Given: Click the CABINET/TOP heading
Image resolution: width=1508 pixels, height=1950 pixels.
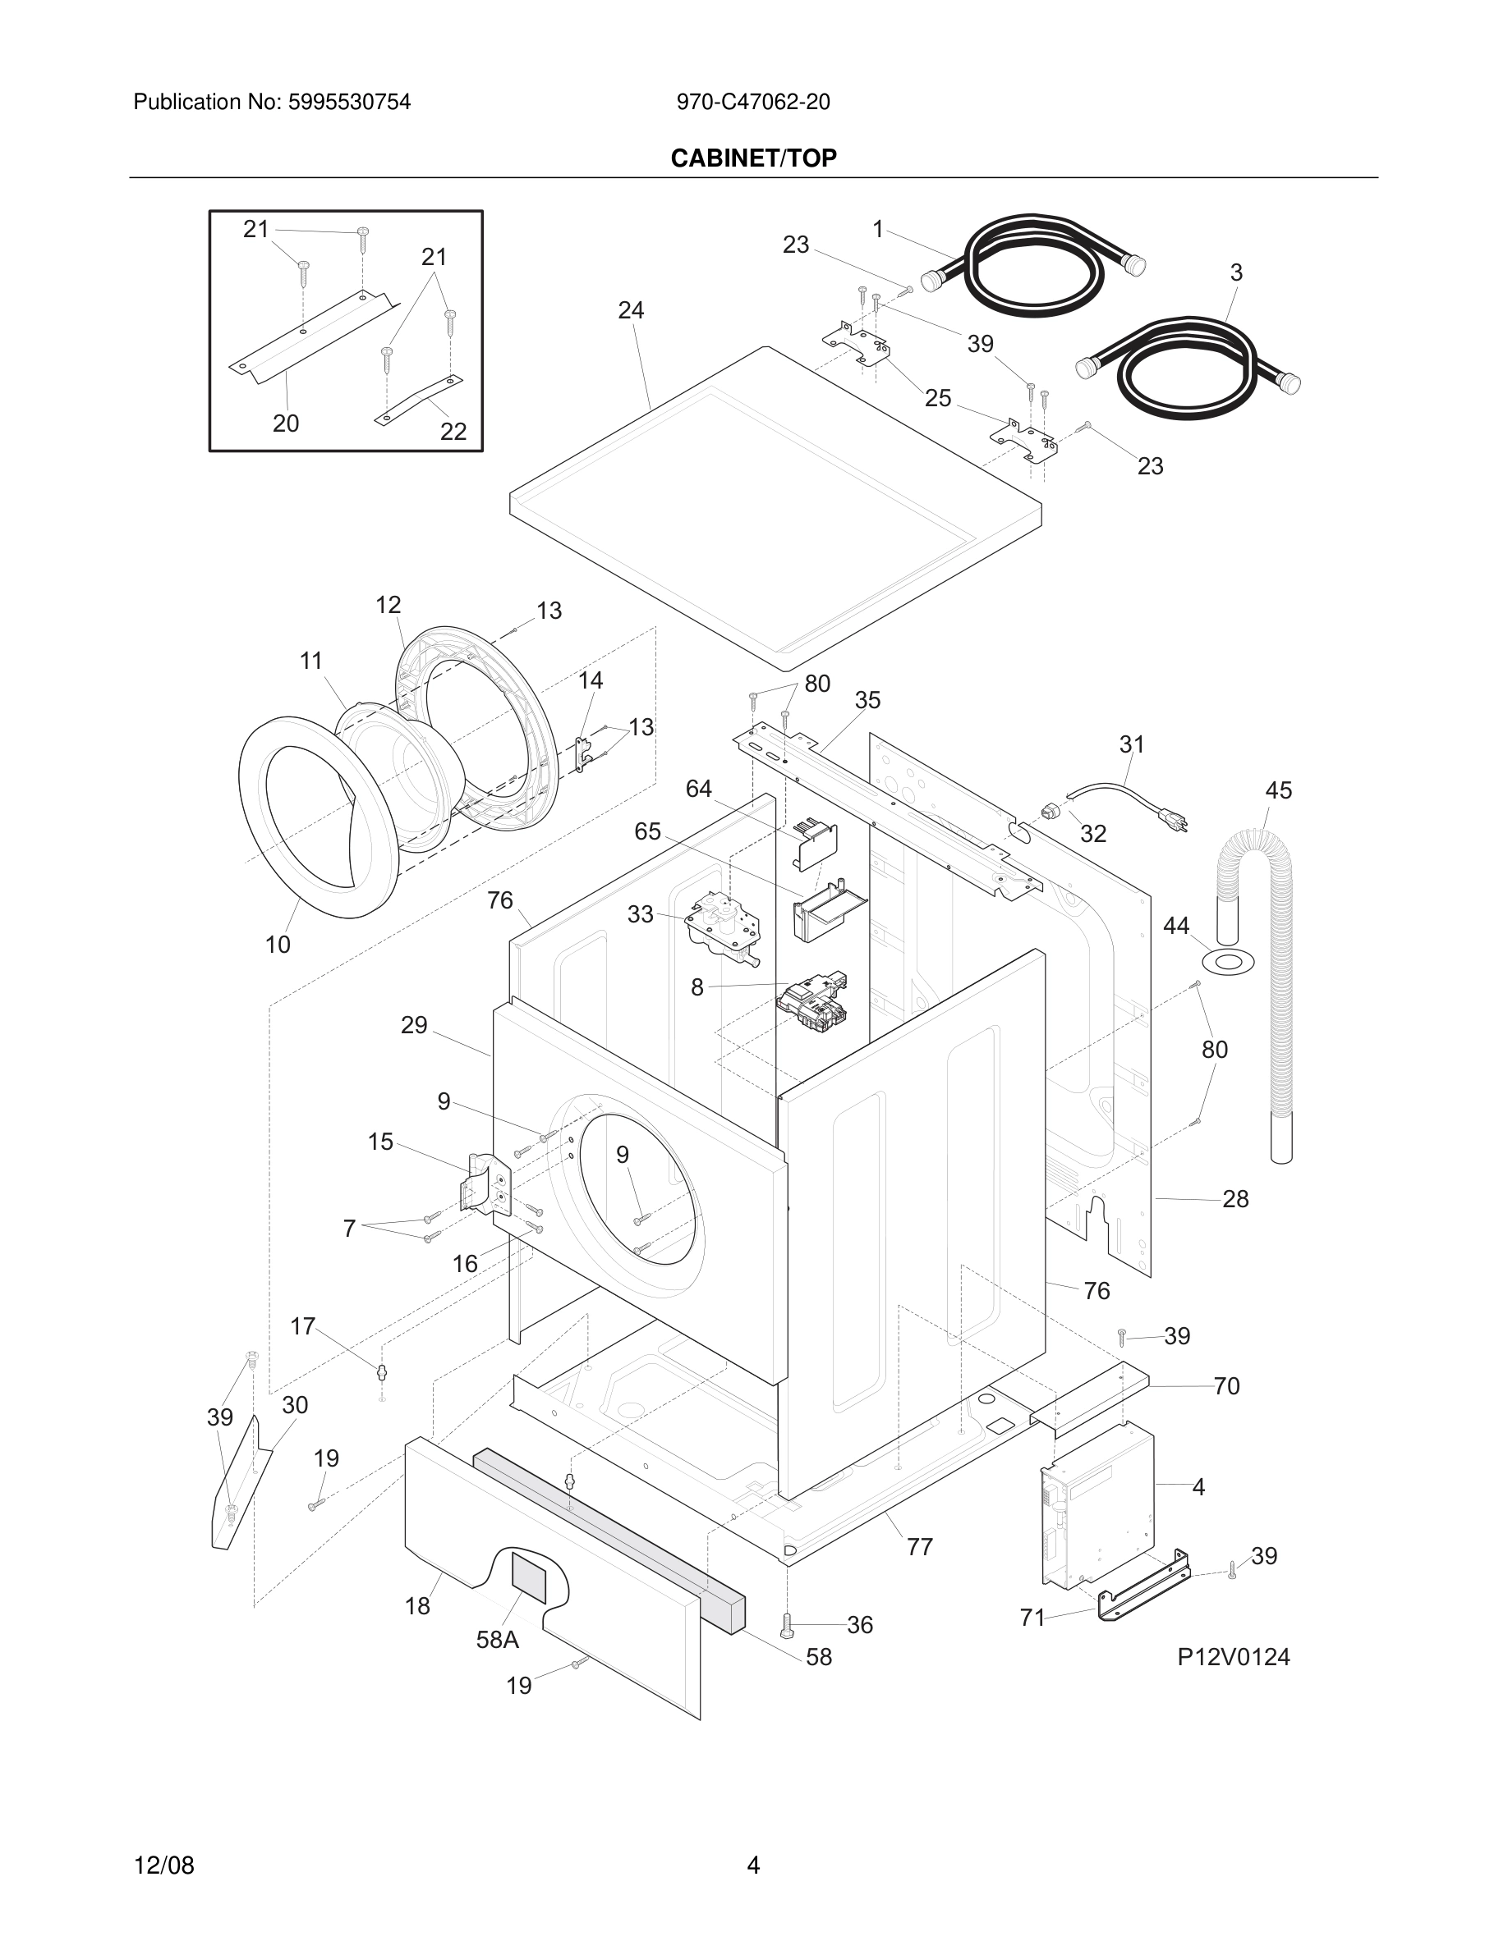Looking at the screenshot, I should tap(753, 158).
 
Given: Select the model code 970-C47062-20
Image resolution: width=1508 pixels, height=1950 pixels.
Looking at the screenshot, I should tap(752, 102).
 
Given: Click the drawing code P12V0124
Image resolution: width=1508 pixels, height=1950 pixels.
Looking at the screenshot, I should tap(1233, 1657).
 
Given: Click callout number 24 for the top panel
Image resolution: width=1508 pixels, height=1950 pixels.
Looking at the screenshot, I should tap(631, 310).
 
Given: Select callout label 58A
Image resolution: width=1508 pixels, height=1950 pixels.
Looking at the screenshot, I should tap(498, 1639).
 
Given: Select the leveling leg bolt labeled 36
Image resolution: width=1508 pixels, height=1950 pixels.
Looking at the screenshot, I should tap(787, 1626).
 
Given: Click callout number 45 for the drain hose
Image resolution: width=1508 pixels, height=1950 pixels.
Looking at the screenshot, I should tap(1277, 790).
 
